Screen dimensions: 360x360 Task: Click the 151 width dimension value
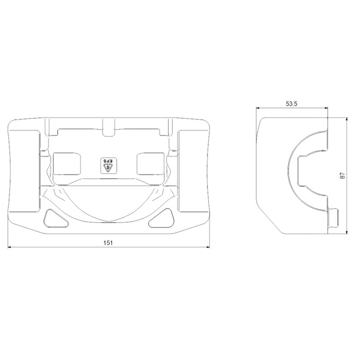108,243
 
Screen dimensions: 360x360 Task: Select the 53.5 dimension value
292,104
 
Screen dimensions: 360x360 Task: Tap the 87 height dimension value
342,175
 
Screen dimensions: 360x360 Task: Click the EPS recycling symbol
109,166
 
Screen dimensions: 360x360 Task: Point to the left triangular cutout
55,219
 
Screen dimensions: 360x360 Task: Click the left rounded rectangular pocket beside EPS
67,164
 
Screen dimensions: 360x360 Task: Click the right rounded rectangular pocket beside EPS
151,164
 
